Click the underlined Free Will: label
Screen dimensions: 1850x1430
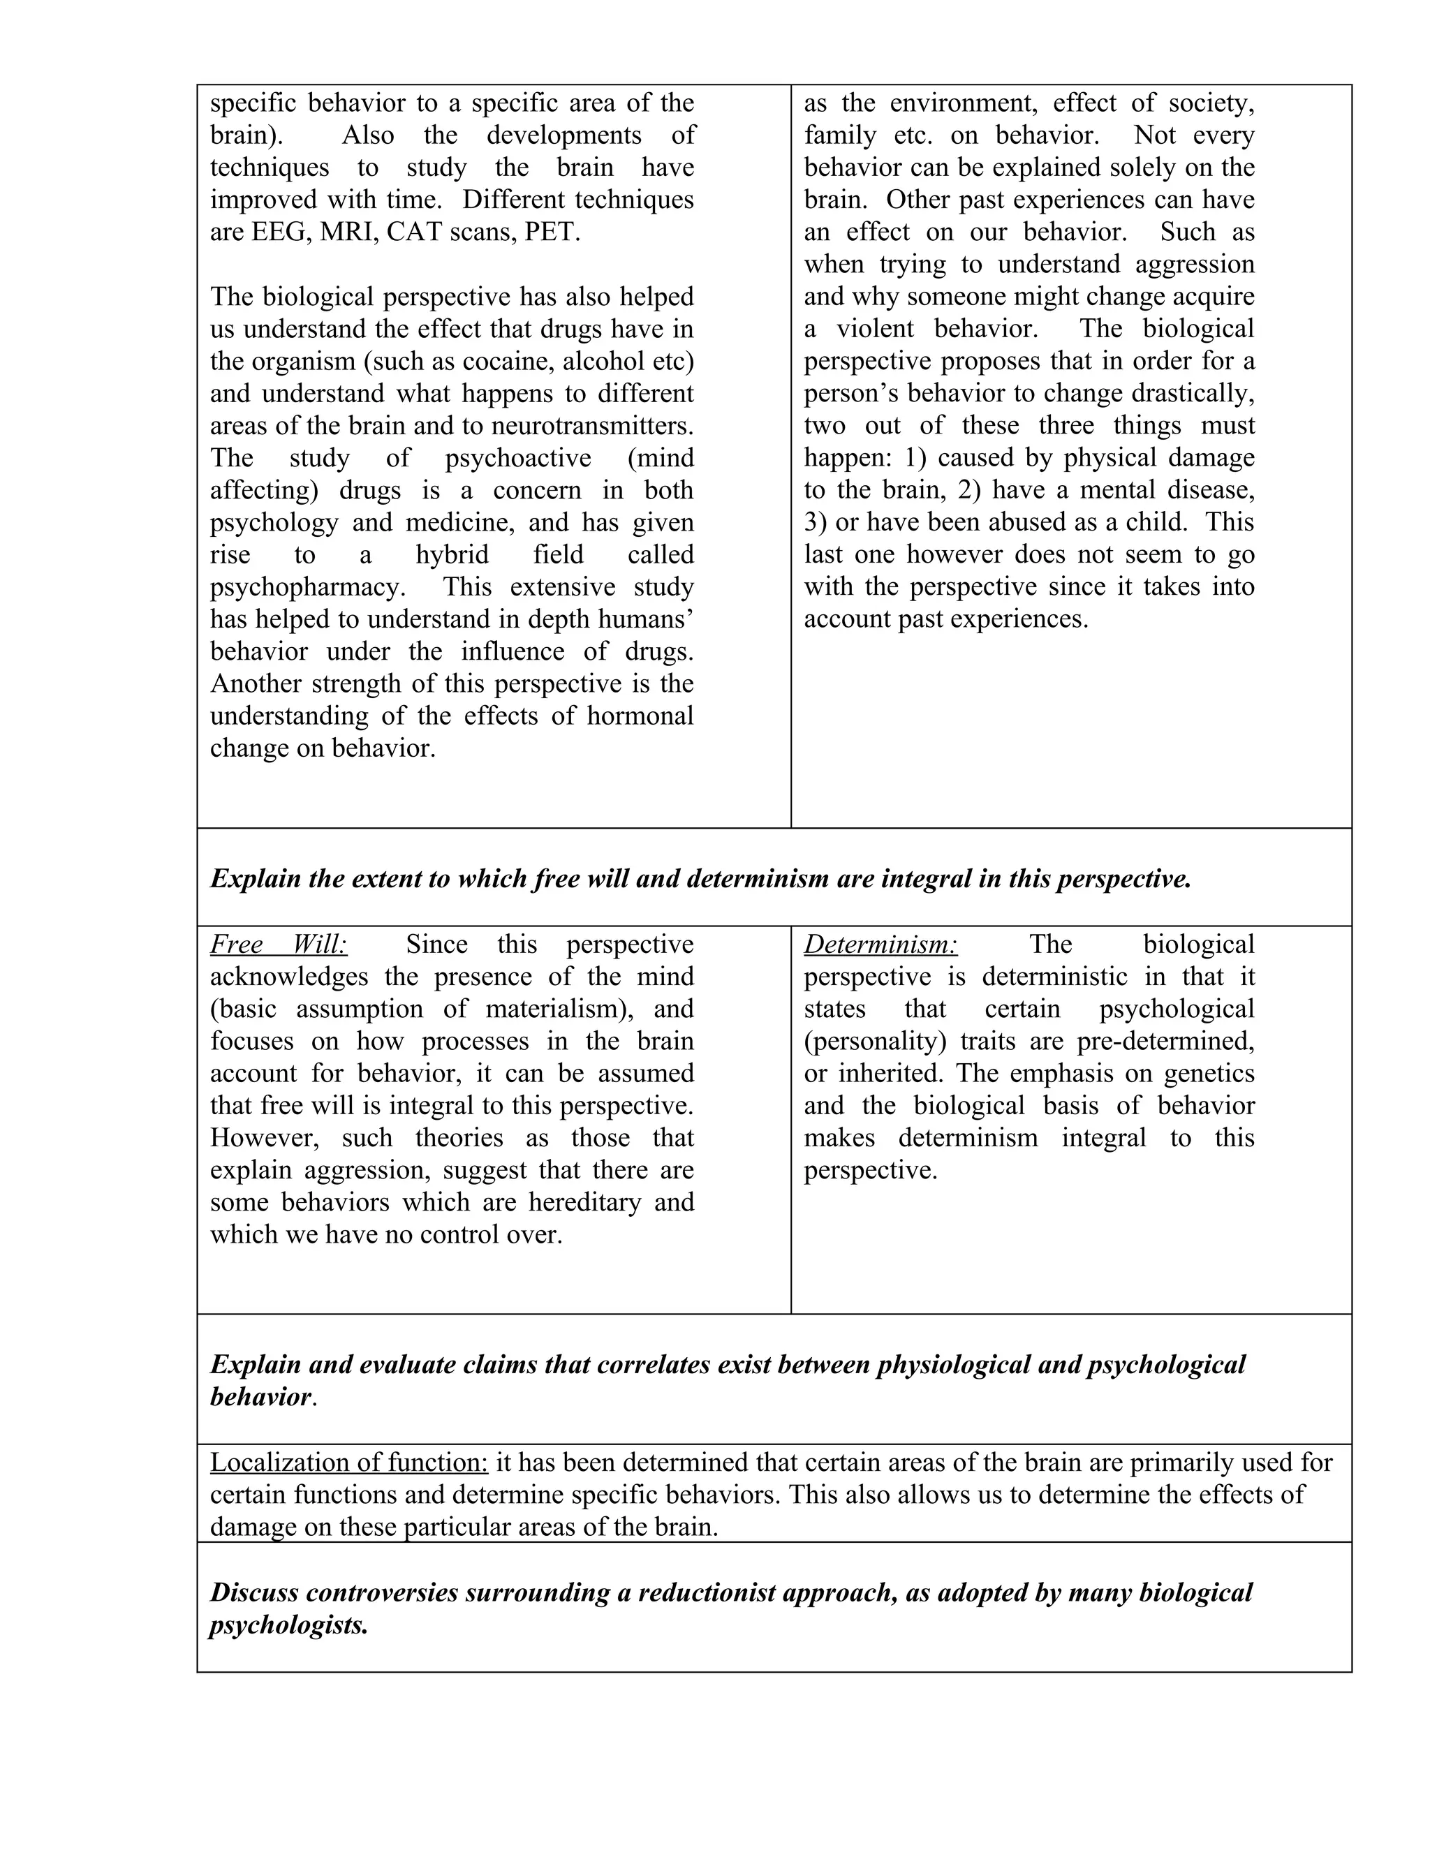coord(279,945)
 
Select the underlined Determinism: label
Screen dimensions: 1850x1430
coord(880,945)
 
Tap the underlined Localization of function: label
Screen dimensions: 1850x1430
coord(349,1463)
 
